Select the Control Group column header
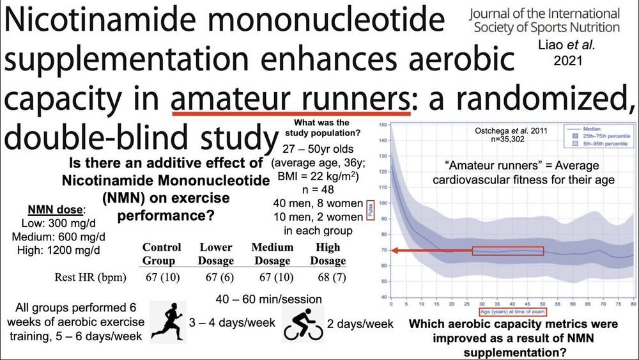(x=162, y=254)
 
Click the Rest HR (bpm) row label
(x=91, y=278)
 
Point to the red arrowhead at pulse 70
(x=395, y=251)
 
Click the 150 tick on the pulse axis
(x=382, y=125)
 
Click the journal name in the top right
(x=544, y=20)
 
